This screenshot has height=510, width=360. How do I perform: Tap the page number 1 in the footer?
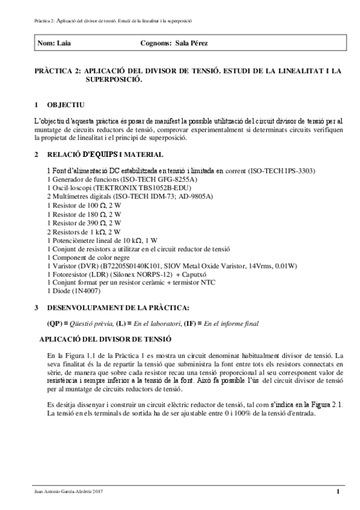[338, 493]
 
